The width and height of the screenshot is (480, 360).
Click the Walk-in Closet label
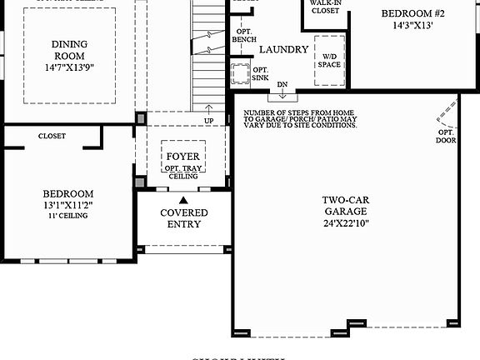324,7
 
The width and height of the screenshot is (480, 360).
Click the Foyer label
182,157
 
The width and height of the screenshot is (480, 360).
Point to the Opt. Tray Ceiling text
182,172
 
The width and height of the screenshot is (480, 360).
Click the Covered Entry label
183,218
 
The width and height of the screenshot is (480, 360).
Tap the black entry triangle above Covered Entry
183,200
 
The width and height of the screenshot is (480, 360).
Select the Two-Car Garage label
347,206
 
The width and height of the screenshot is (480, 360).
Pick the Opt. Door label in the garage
446,135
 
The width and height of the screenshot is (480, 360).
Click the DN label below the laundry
282,84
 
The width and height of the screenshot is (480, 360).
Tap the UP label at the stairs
209,121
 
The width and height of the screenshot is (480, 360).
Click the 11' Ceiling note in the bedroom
67,215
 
